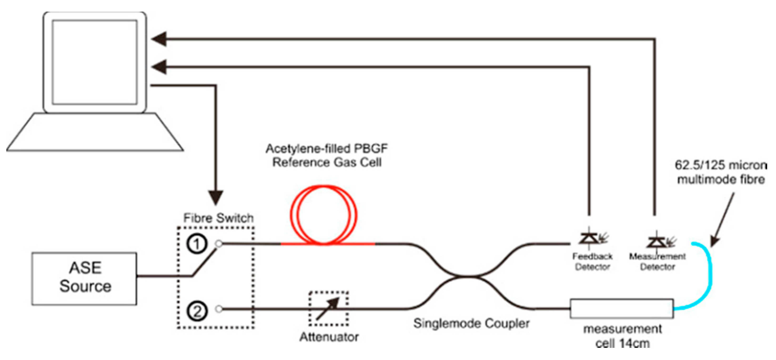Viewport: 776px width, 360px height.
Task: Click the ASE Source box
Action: pyautogui.click(x=84, y=279)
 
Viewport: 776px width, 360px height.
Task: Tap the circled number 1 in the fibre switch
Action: pyautogui.click(x=197, y=244)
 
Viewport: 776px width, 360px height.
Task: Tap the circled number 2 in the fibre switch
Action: pyautogui.click(x=197, y=311)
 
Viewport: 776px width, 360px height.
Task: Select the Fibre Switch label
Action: pyautogui.click(x=218, y=218)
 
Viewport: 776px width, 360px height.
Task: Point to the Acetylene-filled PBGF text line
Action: pyautogui.click(x=327, y=149)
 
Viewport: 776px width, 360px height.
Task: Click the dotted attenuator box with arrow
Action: pyautogui.click(x=328, y=309)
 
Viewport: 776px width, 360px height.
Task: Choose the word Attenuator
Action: pyautogui.click(x=329, y=337)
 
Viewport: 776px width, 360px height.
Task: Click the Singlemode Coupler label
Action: pyautogui.click(x=471, y=324)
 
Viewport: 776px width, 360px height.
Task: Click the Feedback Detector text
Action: pyautogui.click(x=592, y=261)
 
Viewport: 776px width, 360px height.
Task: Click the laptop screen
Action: pyautogui.click(x=95, y=62)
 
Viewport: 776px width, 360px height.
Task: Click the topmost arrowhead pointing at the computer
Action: pyautogui.click(x=159, y=39)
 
